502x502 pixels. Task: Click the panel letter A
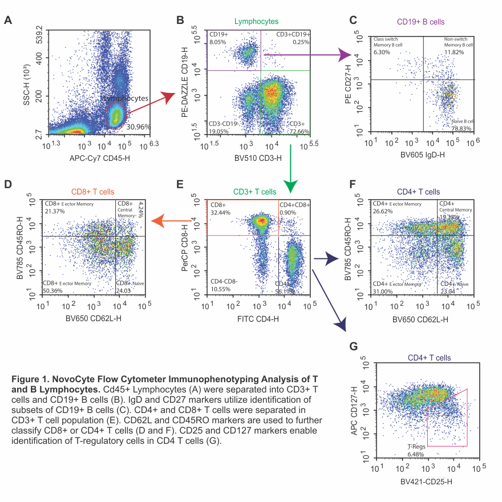[8, 21]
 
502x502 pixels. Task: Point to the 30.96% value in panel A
[139, 126]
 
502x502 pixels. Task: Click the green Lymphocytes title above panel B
[256, 21]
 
